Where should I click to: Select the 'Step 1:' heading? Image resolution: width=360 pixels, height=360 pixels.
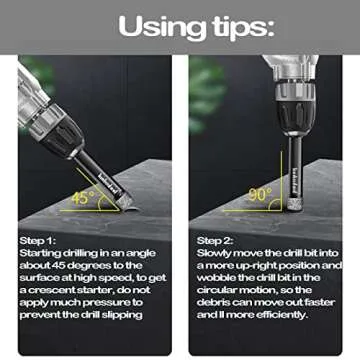38,240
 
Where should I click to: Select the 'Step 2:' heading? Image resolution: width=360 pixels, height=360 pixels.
215,240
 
